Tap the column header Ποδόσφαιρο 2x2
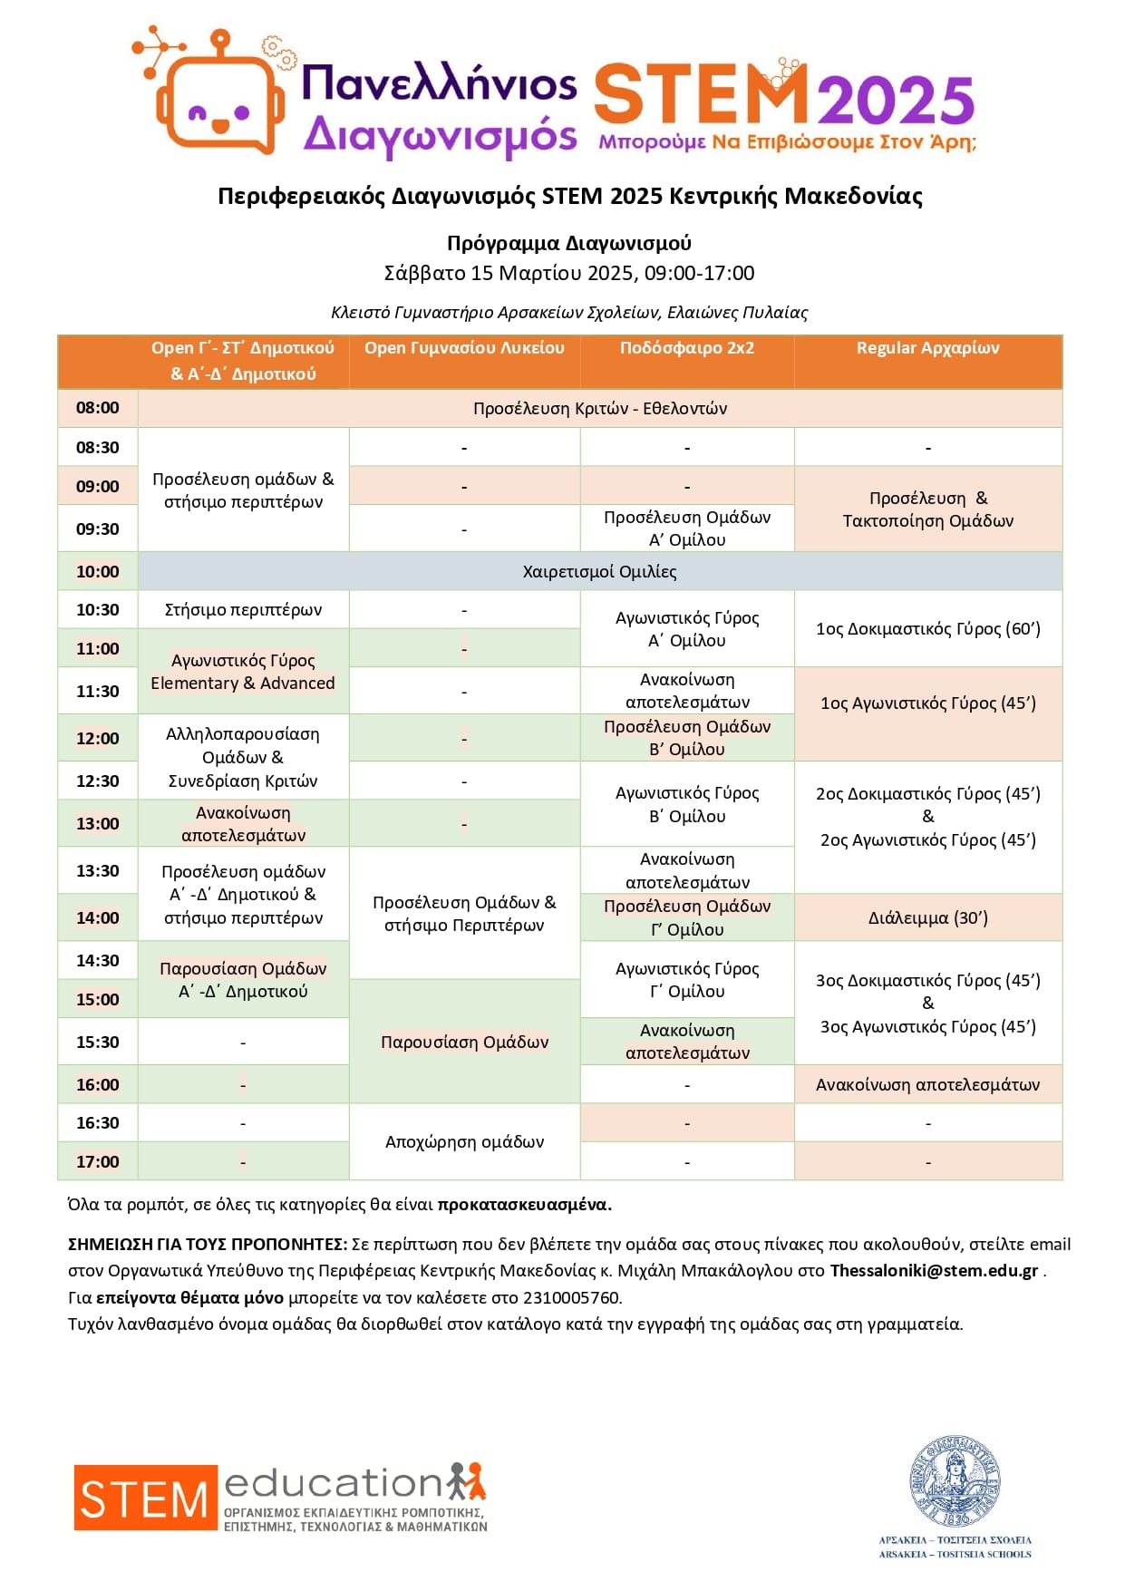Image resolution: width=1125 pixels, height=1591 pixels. (x=686, y=348)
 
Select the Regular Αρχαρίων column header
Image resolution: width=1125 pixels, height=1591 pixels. (x=927, y=348)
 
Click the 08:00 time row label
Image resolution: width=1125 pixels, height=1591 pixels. (x=97, y=408)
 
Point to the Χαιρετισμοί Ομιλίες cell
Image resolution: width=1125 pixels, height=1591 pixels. (x=599, y=572)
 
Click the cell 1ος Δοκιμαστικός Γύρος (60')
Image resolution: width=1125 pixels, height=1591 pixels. (x=927, y=629)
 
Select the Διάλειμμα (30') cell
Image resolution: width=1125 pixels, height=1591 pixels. (x=927, y=918)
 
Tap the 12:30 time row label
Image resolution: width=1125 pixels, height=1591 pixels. (x=97, y=781)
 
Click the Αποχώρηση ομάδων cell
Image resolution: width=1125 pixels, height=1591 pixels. (x=464, y=1142)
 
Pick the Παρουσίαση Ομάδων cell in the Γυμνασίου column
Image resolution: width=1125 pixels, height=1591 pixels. (x=464, y=1043)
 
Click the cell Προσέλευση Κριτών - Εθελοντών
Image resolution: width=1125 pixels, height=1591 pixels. (x=599, y=409)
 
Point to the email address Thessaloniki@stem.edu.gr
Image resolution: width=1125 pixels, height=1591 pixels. (x=933, y=1271)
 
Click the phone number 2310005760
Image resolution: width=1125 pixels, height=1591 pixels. (x=571, y=1298)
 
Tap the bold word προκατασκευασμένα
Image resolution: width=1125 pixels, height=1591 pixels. (x=524, y=1205)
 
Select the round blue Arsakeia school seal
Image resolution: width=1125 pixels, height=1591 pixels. (x=955, y=1481)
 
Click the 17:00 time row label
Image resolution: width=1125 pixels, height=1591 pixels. (x=97, y=1162)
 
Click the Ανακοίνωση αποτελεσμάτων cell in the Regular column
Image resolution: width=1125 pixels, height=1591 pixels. (x=927, y=1085)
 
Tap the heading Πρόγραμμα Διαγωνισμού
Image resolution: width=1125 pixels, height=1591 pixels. (x=568, y=243)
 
